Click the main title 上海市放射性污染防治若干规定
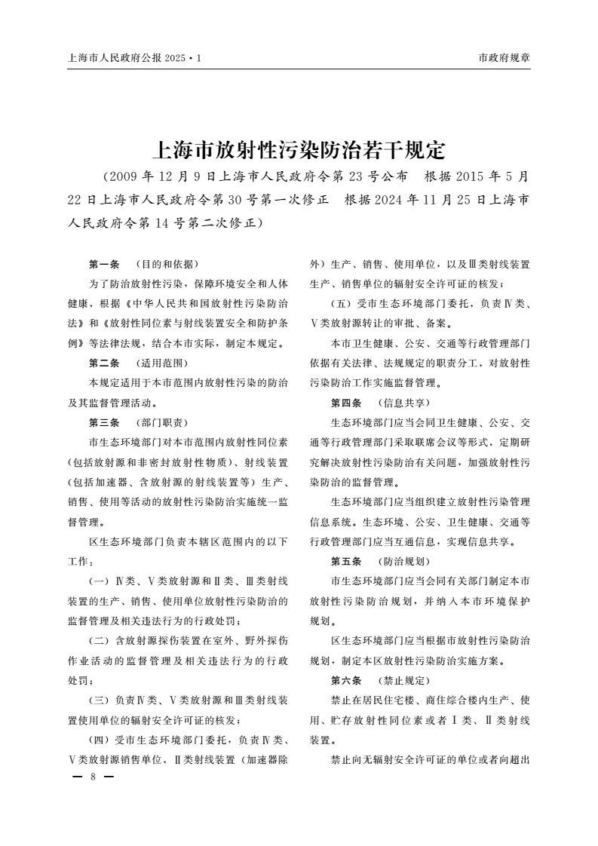[x=299, y=149]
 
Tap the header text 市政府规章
[x=504, y=57]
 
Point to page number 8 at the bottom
[x=92, y=777]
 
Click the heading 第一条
[x=104, y=265]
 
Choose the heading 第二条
[x=104, y=363]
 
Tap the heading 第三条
[x=104, y=421]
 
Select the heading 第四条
[x=346, y=402]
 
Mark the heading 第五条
[x=346, y=562]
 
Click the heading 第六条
[x=346, y=680]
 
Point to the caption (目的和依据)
[x=165, y=265]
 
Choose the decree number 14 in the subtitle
[x=144, y=223]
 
